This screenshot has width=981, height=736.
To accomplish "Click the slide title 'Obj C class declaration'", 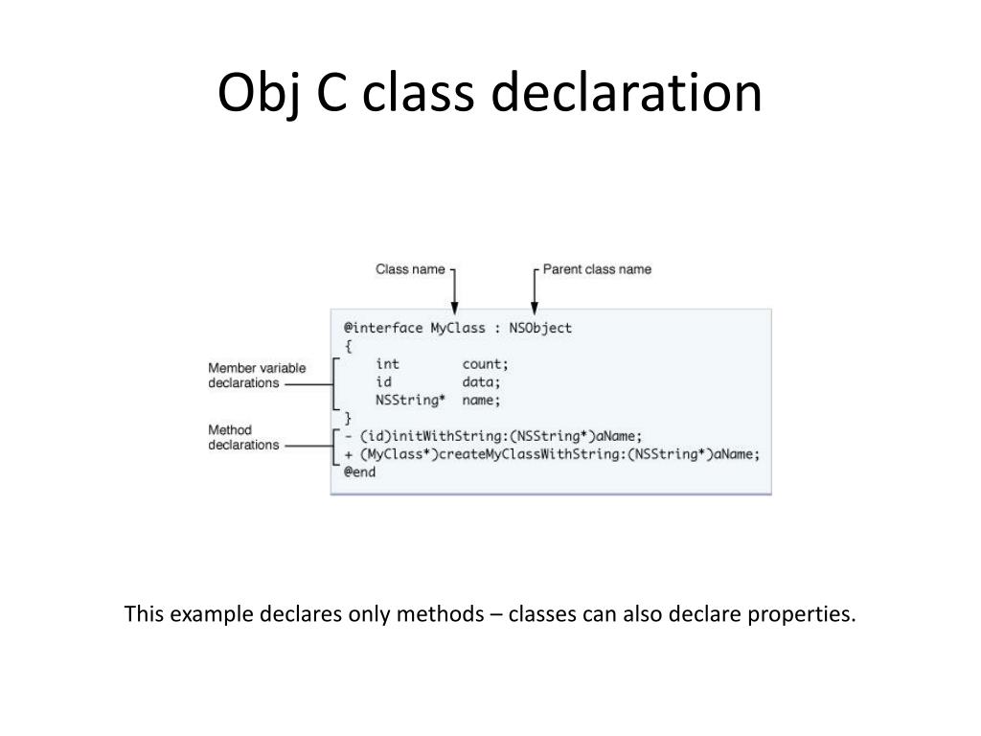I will pyautogui.click(x=490, y=94).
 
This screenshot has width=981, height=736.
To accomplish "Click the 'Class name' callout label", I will pyautogui.click(x=409, y=269).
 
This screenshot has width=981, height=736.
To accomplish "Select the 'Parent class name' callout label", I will pyautogui.click(x=597, y=269).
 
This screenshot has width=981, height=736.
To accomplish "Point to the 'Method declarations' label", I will pyautogui.click(x=243, y=437).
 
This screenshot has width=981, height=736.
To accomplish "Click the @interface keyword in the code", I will pyautogui.click(x=382, y=328).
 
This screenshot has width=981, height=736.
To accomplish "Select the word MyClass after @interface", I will pyautogui.click(x=458, y=328).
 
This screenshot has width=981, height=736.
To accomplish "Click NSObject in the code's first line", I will pyautogui.click(x=540, y=328).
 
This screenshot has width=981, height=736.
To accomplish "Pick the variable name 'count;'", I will pyautogui.click(x=485, y=364).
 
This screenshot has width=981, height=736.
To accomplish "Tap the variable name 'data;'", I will pyautogui.click(x=481, y=382).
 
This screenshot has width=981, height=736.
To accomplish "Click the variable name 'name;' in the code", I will pyautogui.click(x=481, y=401).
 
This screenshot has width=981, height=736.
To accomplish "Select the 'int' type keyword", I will pyautogui.click(x=387, y=364).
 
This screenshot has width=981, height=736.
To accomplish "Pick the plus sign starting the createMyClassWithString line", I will pyautogui.click(x=348, y=454).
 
